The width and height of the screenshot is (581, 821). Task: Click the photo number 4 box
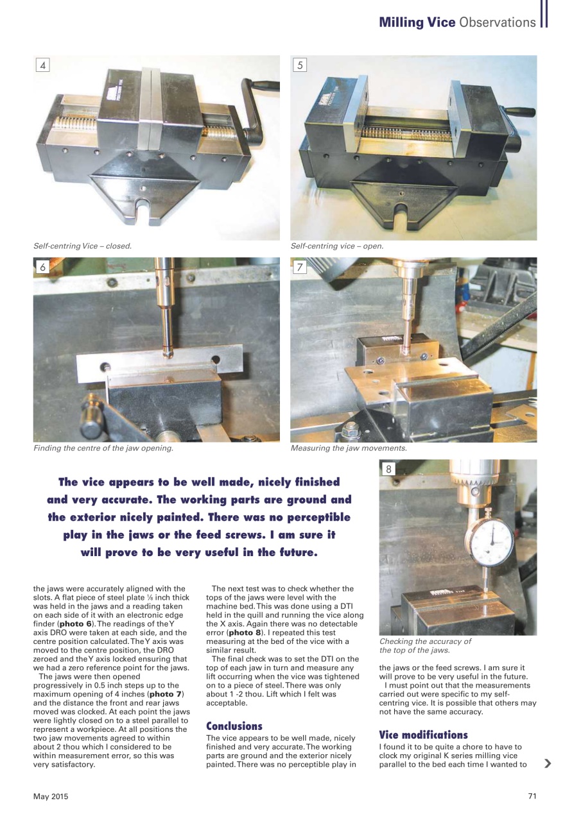pos(43,65)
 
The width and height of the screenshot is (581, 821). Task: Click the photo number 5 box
pos(300,65)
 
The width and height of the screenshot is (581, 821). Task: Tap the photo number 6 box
pos(43,267)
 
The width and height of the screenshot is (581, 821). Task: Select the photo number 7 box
pos(300,267)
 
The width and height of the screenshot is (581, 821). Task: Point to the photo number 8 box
pos(389,470)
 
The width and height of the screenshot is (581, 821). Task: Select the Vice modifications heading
pos(423,734)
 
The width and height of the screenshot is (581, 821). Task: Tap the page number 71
pos(532,797)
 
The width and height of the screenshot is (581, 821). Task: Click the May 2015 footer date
pos(51,797)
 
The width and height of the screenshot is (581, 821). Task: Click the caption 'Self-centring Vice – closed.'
pos(82,246)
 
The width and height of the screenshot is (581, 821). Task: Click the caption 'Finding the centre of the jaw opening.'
pos(103,448)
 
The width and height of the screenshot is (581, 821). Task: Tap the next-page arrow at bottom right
pos(547,763)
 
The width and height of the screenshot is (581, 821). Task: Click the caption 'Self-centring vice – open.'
pos(336,246)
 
